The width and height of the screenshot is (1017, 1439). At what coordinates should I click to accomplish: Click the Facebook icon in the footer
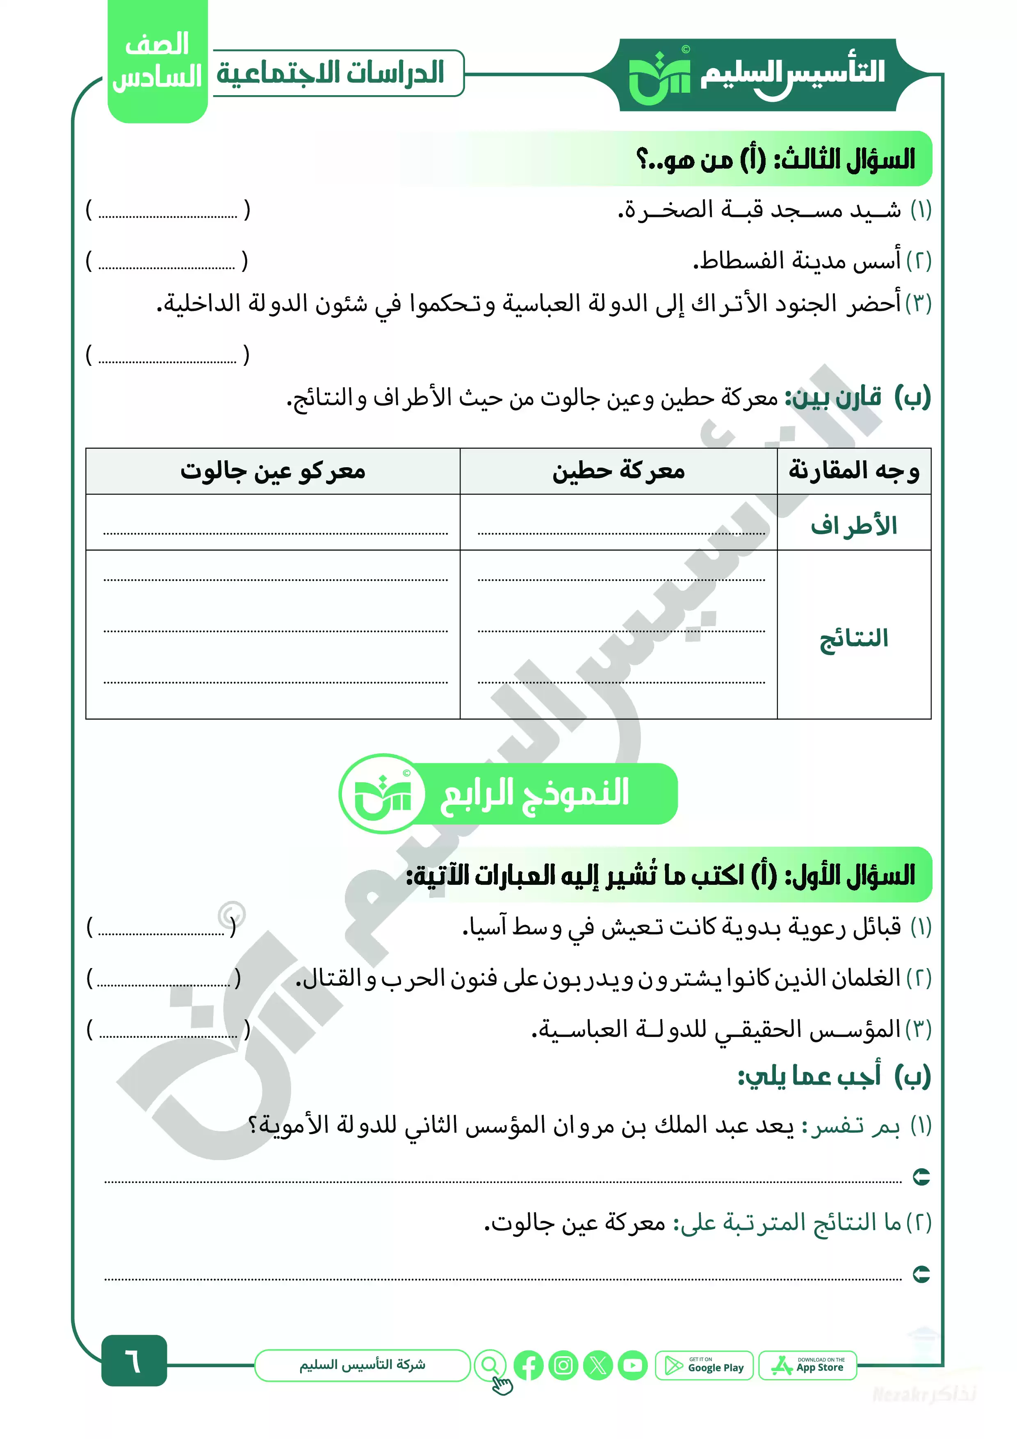pos(528,1366)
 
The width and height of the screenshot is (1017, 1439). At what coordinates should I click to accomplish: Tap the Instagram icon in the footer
pos(563,1366)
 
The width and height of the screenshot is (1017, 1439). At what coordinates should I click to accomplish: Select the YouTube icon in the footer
pos(632,1366)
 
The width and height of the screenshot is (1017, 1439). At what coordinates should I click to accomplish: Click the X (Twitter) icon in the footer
pos(598,1366)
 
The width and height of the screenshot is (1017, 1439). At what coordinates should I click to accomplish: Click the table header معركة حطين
pos(618,471)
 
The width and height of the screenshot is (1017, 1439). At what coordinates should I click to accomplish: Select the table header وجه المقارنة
pos(853,471)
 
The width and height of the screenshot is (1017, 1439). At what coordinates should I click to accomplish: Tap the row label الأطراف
pos(853,525)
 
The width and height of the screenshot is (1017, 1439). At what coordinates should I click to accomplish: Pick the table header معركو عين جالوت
pos(273,471)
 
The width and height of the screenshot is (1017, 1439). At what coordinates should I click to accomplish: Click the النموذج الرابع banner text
pos(534,793)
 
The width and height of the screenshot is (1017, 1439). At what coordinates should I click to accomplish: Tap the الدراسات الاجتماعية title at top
pos(330,73)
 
